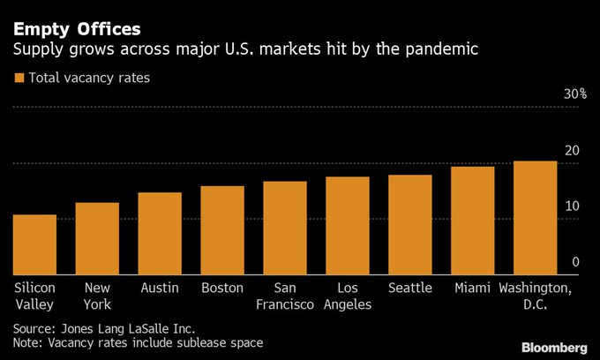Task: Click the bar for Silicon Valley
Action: tap(34, 244)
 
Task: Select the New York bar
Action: tap(97, 238)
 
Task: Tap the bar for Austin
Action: tap(160, 233)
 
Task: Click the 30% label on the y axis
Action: tap(575, 94)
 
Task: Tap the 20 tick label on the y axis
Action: tap(572, 150)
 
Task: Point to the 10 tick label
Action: tap(572, 206)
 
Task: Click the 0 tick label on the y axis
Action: tap(575, 261)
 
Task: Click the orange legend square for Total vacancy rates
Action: tap(19, 79)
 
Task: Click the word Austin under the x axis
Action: tap(160, 289)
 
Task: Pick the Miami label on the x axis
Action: tap(473, 289)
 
